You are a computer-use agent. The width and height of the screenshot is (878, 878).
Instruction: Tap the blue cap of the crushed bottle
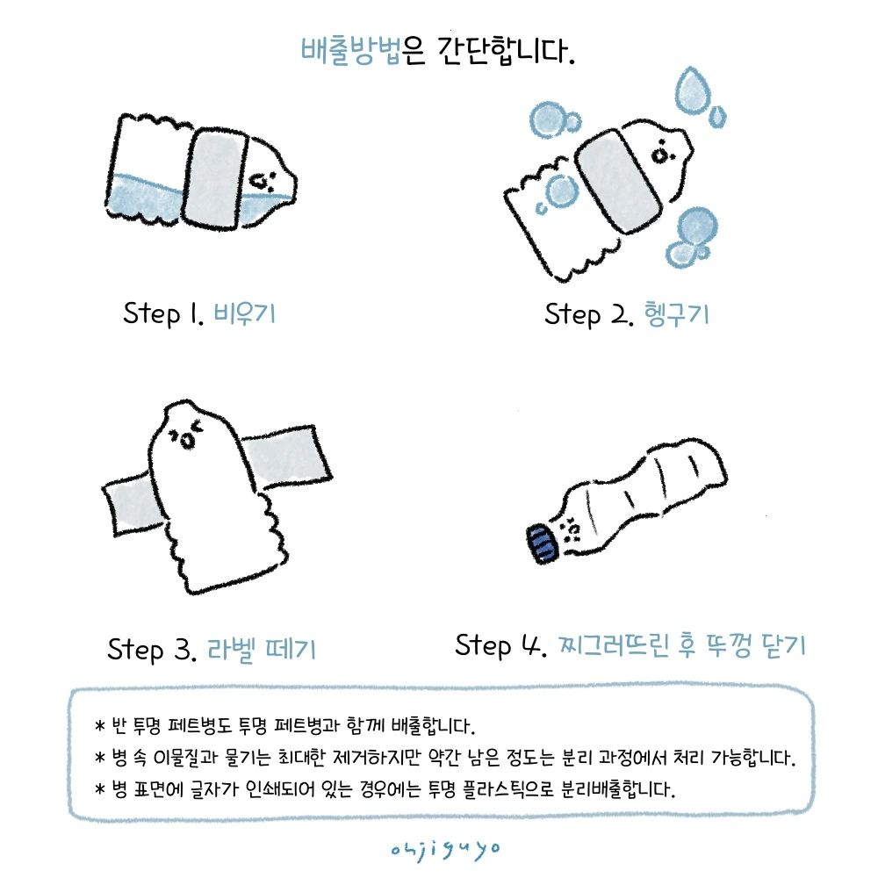pyautogui.click(x=542, y=543)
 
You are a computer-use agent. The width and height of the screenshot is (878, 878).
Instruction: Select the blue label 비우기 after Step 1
pyautogui.click(x=245, y=313)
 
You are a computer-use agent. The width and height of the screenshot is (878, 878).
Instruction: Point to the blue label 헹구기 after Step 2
pyautogui.click(x=677, y=314)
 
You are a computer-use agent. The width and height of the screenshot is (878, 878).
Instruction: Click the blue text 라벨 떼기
pyautogui.click(x=262, y=650)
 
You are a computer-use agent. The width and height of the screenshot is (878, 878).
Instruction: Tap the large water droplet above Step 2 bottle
pyautogui.click(x=693, y=91)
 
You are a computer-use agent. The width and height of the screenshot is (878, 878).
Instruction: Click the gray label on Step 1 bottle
pyautogui.click(x=214, y=179)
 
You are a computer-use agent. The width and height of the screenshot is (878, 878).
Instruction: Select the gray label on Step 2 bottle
pyautogui.click(x=620, y=180)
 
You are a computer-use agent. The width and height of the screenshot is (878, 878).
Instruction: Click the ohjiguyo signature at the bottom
pyautogui.click(x=445, y=850)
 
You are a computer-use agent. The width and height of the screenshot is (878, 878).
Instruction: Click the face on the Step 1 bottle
pyautogui.click(x=262, y=181)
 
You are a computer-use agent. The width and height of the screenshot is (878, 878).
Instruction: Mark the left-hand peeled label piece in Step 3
pyautogui.click(x=133, y=504)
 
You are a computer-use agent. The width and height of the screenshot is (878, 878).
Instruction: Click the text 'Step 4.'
pyautogui.click(x=500, y=645)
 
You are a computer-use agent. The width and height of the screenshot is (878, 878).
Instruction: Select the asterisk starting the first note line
pyautogui.click(x=100, y=726)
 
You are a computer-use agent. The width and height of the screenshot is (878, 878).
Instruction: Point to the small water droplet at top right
pyautogui.click(x=717, y=116)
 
